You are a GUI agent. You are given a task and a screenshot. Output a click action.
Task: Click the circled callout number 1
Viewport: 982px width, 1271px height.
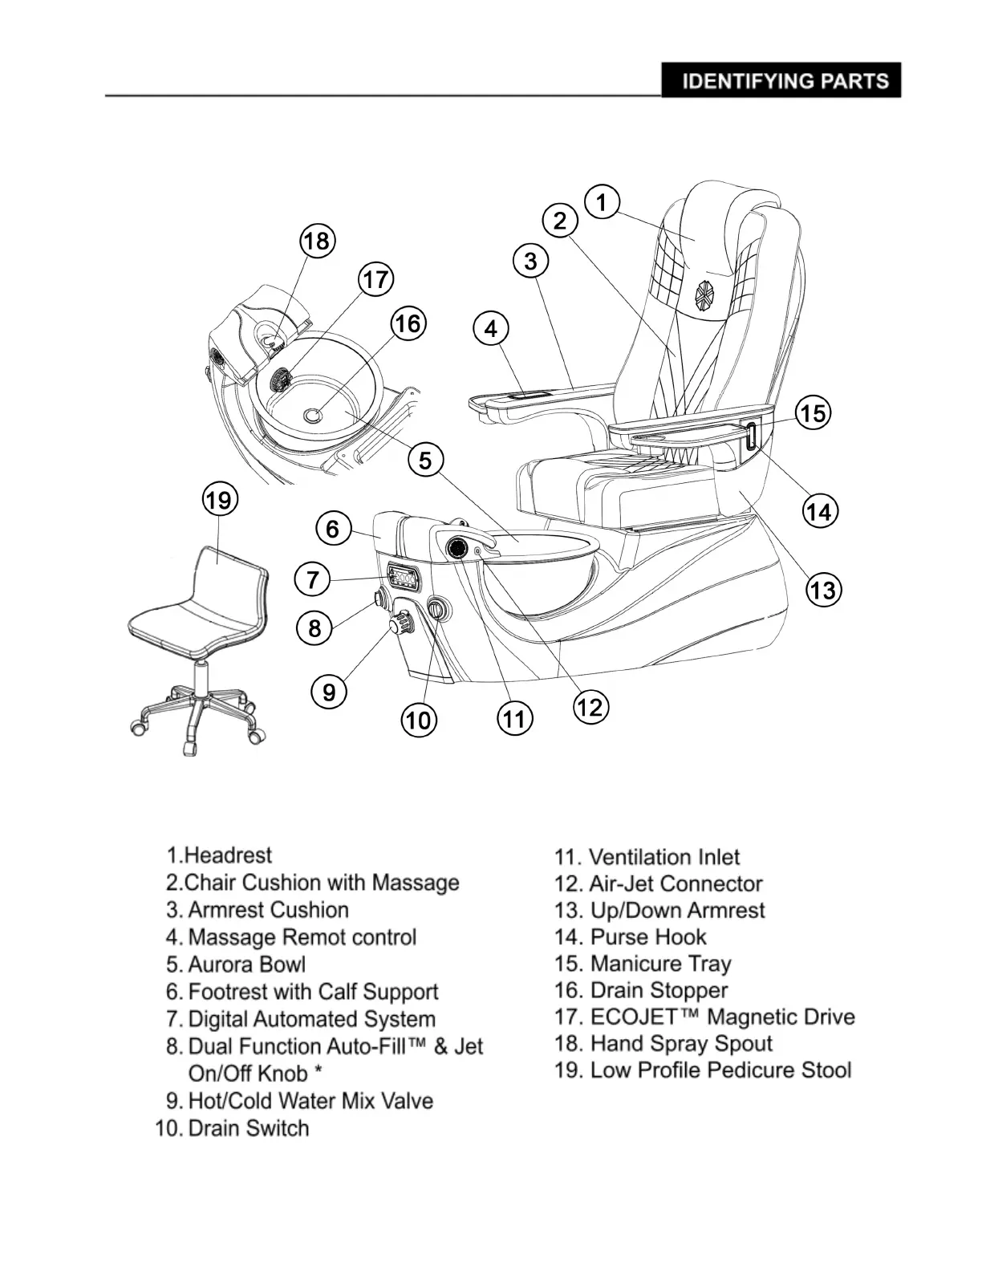point(602,201)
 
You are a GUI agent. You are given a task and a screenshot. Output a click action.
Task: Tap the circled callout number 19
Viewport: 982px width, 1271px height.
point(218,501)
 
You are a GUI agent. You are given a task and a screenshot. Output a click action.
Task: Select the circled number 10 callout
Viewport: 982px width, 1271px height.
point(419,720)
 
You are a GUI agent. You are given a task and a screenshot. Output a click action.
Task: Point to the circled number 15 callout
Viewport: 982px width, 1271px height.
point(813,413)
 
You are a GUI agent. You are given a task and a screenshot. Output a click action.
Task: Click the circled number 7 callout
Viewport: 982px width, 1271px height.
point(313,579)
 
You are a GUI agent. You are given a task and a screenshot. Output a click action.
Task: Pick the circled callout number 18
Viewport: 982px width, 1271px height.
point(317,241)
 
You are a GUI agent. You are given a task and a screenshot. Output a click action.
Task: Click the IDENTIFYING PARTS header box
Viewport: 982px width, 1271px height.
point(781,80)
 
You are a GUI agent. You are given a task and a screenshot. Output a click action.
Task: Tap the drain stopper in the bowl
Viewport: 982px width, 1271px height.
point(313,414)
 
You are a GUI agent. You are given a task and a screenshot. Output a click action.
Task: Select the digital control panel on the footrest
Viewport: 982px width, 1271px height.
point(402,577)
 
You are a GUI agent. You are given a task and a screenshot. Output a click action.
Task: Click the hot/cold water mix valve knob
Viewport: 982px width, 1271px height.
point(401,623)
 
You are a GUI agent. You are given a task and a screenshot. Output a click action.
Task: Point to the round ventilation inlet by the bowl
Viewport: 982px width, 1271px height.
point(458,548)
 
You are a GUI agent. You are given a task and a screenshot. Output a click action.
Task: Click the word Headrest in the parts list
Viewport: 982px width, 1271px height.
point(228,855)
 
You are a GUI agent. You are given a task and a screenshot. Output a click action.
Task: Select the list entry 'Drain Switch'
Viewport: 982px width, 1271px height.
point(248,1128)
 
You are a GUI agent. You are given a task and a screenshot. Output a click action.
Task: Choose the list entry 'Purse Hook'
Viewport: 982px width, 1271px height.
point(648,937)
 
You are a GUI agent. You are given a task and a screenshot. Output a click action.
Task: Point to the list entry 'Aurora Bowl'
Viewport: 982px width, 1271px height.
point(246,964)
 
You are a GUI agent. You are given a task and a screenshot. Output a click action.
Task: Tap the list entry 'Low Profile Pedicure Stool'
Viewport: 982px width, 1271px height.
point(720,1070)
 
